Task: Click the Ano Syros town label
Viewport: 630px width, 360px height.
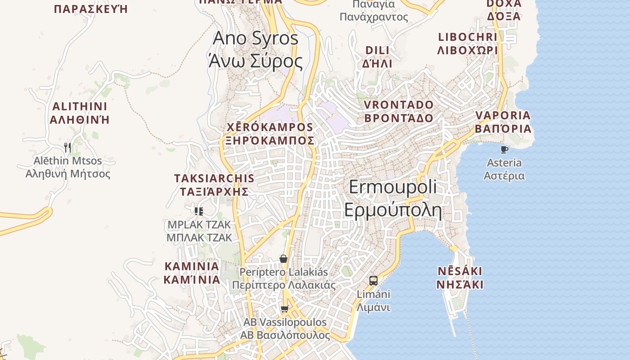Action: click(x=255, y=49)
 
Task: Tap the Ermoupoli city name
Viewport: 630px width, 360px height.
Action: click(x=393, y=198)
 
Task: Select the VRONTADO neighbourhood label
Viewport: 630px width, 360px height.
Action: click(x=398, y=111)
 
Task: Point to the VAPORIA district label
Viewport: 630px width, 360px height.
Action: click(x=503, y=122)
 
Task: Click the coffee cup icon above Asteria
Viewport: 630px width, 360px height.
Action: click(x=504, y=149)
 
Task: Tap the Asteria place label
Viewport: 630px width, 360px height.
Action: click(x=504, y=169)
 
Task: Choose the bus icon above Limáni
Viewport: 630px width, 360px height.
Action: click(x=373, y=281)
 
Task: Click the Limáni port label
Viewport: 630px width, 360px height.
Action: click(x=373, y=301)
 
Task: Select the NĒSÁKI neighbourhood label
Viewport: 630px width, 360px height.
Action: click(x=460, y=278)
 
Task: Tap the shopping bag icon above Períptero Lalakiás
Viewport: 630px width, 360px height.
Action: click(x=283, y=259)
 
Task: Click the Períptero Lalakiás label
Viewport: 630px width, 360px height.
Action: click(x=283, y=279)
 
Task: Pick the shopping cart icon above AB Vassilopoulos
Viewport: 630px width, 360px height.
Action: click(x=284, y=309)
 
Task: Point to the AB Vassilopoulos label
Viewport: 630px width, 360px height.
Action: click(x=285, y=329)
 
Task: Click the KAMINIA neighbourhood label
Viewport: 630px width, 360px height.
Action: click(x=192, y=273)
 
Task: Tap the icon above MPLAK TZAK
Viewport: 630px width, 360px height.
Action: click(x=199, y=211)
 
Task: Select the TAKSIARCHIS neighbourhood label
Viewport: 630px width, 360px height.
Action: click(x=214, y=184)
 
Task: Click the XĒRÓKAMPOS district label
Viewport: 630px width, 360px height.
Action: click(x=270, y=133)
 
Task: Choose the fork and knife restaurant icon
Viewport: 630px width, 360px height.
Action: click(x=67, y=147)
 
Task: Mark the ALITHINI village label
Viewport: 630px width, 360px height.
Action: click(x=80, y=113)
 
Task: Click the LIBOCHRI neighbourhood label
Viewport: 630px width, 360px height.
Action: click(x=468, y=43)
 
